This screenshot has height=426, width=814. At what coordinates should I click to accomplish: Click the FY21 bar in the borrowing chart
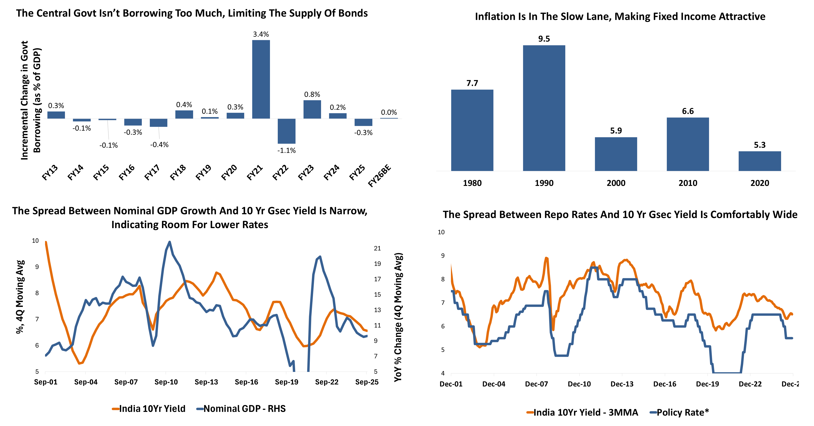coord(261,79)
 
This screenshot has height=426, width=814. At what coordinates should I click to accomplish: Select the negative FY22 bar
coord(287,131)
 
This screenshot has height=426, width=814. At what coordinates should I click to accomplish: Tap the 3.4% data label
coord(261,34)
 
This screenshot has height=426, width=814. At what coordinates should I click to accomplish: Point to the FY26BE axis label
coord(380,176)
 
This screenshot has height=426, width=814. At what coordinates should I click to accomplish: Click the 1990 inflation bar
coord(544,108)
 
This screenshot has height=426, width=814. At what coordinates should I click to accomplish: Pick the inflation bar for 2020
coord(760,161)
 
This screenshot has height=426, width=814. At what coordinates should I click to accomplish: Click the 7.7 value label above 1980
coord(472,83)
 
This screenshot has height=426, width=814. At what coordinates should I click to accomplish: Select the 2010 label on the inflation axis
coord(688,183)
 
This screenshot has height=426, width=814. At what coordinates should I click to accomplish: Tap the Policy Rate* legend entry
coord(679,412)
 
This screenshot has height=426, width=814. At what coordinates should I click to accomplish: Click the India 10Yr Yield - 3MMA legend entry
coord(582,412)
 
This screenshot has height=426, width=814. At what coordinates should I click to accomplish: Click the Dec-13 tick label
coord(622,384)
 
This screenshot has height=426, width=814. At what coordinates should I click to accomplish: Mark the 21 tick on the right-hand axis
coord(377,248)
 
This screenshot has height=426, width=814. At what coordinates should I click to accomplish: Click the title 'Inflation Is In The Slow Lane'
coord(620,16)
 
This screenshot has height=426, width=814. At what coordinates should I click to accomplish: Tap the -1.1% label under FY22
coord(287,150)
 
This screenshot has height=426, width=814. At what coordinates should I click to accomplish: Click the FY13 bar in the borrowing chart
coord(56,115)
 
